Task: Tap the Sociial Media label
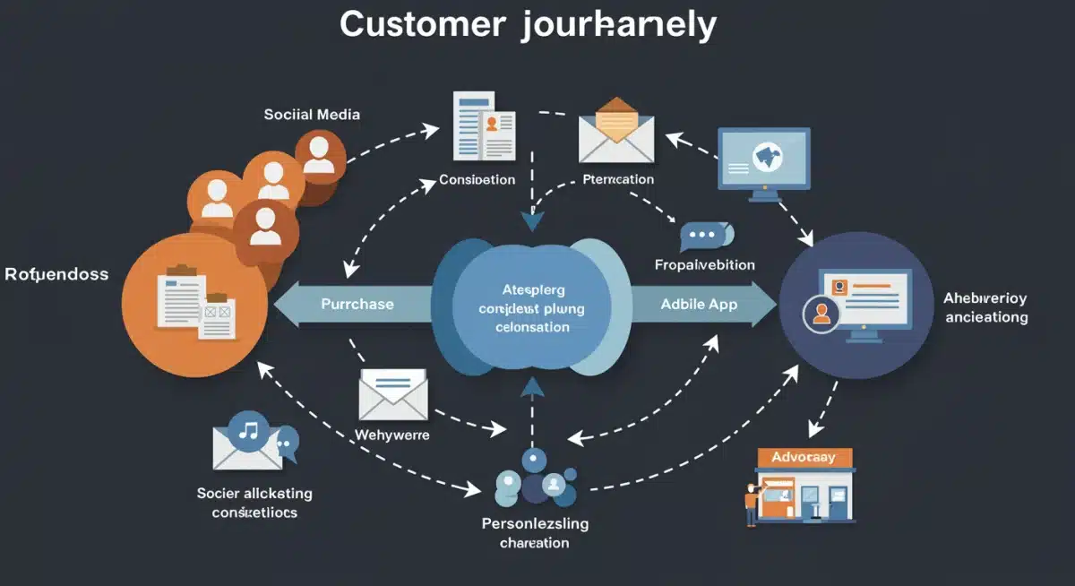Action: coord(312,115)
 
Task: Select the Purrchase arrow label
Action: coord(357,305)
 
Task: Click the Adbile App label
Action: coord(699,305)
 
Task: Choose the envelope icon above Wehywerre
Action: coord(392,393)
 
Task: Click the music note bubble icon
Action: coord(247,431)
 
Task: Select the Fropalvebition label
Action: coord(704,265)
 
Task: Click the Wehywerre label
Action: coord(392,435)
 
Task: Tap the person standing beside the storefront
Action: coord(751,504)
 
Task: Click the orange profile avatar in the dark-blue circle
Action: coord(821,315)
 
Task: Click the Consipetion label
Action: coord(477,180)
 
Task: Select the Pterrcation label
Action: coord(617,179)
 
